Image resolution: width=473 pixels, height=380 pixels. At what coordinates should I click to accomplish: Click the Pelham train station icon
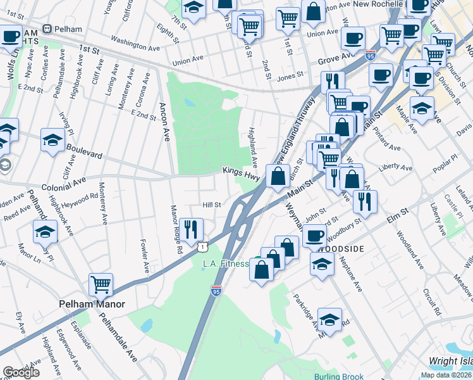tap(47, 30)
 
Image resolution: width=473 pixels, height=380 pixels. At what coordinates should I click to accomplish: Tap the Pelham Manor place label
tap(92, 304)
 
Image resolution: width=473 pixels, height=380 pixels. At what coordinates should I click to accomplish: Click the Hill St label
tap(211, 205)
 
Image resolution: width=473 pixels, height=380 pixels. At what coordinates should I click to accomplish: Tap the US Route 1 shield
tap(200, 244)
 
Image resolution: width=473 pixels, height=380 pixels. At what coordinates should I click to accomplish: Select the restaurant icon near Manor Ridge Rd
tap(191, 230)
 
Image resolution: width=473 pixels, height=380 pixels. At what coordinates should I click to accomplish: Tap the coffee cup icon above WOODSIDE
tap(314, 236)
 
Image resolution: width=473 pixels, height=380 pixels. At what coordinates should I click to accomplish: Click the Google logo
tap(21, 372)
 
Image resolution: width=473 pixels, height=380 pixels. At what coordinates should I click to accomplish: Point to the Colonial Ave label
tap(63, 181)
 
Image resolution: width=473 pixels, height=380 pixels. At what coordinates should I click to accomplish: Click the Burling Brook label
tap(338, 376)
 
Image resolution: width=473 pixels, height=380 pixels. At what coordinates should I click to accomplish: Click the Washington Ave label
tap(135, 47)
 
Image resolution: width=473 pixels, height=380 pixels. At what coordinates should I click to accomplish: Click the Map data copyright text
tap(446, 374)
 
